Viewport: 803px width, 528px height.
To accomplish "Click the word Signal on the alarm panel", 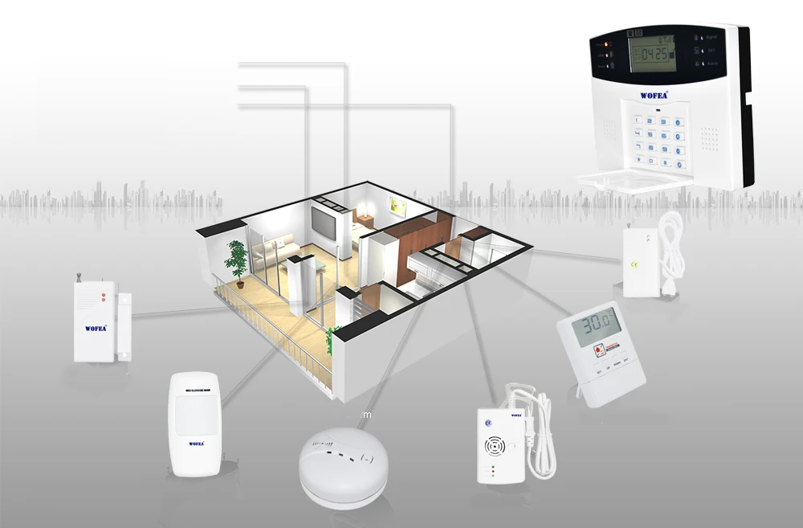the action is pyautogui.click(x=713, y=37).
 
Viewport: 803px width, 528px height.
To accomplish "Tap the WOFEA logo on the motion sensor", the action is pyautogui.click(x=196, y=443).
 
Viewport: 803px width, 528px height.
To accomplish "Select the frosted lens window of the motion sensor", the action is pyautogui.click(x=195, y=415).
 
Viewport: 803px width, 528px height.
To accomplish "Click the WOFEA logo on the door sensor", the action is pyautogui.click(x=96, y=328).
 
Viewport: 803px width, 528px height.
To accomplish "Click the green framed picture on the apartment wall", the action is pyautogui.click(x=398, y=207).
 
